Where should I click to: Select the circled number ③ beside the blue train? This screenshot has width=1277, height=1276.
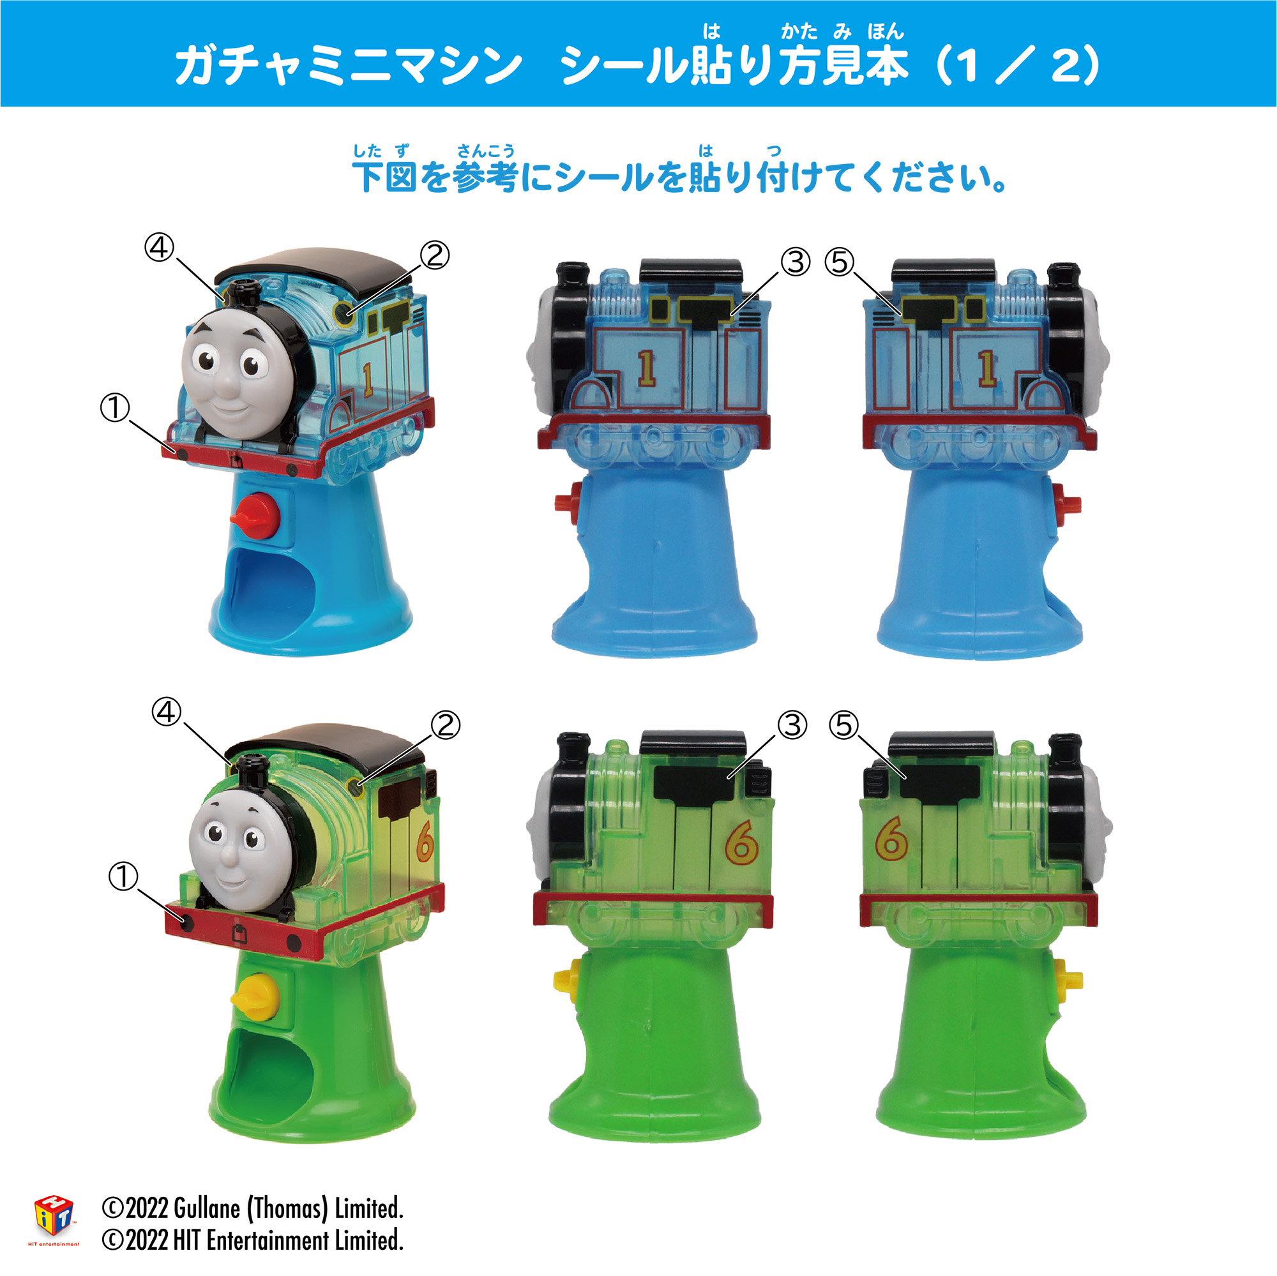pos(795,262)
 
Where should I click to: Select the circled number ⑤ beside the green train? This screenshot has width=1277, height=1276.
pos(843,726)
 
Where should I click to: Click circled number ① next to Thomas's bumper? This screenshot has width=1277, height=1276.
pos(115,408)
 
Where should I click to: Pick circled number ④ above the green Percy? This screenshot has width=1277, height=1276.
pos(166,712)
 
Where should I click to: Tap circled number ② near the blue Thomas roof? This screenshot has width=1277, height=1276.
pos(435,255)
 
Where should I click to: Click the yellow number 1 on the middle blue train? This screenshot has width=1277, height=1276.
pos(646,368)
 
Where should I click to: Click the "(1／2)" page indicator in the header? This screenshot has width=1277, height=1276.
pos(1018,66)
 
